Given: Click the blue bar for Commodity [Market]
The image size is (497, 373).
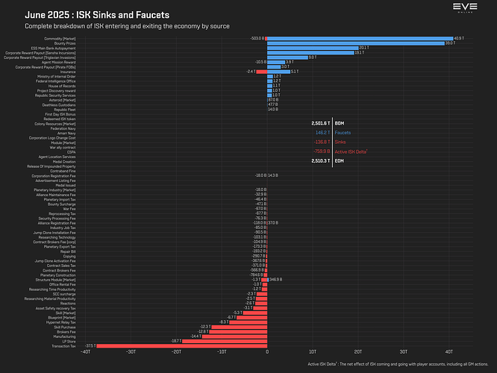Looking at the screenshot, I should [358, 38].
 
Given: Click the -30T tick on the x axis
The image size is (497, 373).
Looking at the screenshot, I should [131, 351].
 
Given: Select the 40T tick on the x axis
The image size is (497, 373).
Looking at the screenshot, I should [448, 351].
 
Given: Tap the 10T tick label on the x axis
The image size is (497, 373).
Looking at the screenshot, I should [312, 351].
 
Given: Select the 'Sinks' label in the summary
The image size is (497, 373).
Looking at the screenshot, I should [340, 141].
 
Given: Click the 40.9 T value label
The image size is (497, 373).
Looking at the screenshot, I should [459, 38].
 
